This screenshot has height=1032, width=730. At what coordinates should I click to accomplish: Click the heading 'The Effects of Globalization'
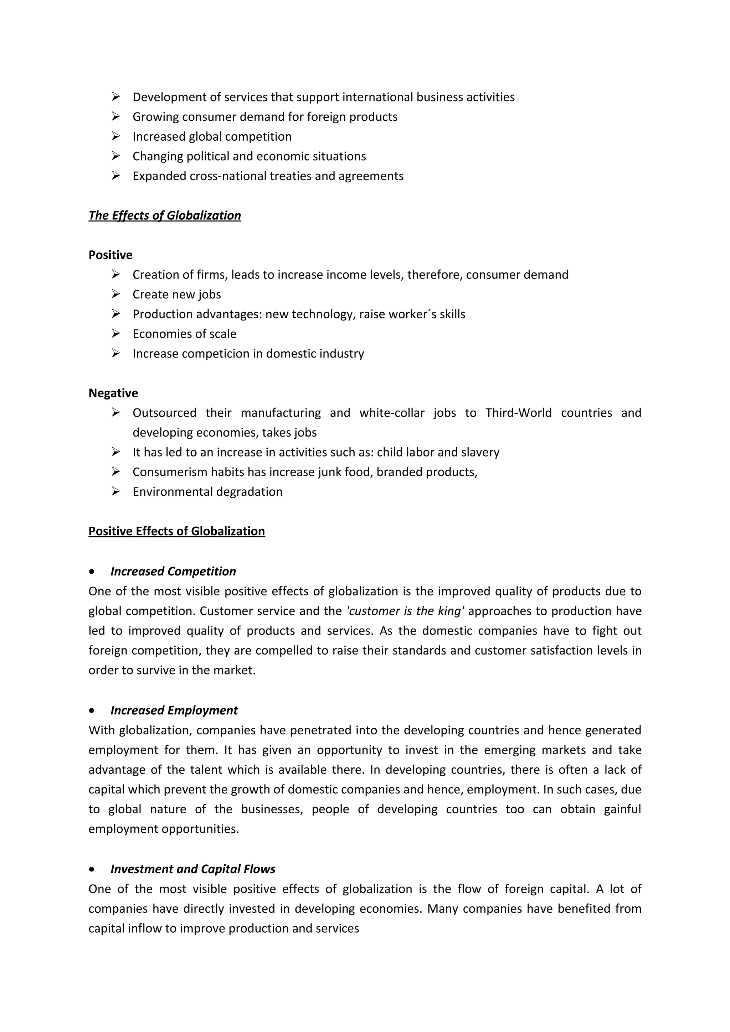pyautogui.click(x=165, y=216)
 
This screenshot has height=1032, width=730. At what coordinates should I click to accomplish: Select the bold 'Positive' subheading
pyautogui.click(x=110, y=255)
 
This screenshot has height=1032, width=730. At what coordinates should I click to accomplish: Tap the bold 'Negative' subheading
pyautogui.click(x=113, y=393)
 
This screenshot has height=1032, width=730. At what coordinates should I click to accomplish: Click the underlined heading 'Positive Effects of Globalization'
pyautogui.click(x=177, y=531)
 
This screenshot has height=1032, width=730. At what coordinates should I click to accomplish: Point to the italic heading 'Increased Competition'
pyautogui.click(x=173, y=571)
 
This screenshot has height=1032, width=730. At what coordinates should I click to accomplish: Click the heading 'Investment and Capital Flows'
pyautogui.click(x=193, y=869)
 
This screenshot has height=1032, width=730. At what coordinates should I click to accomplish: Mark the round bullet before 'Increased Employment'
pyautogui.click(x=92, y=711)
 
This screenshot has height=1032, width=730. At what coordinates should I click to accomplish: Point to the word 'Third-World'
pyautogui.click(x=518, y=413)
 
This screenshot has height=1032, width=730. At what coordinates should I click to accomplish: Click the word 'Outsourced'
pyautogui.click(x=165, y=413)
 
